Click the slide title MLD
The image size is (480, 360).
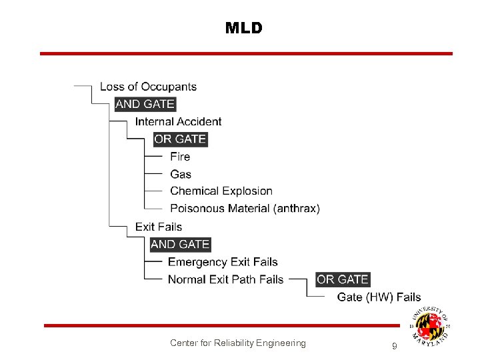coord(244,28)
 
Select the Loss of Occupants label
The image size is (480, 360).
coord(148,87)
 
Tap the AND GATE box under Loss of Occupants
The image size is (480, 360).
coord(145,104)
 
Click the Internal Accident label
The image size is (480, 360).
coord(178,121)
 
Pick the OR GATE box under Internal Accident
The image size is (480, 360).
coord(180,139)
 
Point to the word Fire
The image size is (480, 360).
coord(180,157)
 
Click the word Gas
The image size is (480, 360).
coord(181,174)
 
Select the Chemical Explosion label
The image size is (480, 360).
coord(221,191)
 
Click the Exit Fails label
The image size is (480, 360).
coord(159,227)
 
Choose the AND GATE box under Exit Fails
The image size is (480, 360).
coord(180,245)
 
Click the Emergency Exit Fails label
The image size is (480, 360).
coord(223,262)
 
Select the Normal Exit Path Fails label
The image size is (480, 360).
coord(225,279)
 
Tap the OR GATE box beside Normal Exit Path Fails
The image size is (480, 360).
coord(343,279)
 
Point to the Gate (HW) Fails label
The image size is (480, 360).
coord(379,297)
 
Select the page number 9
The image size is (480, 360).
coord(395,346)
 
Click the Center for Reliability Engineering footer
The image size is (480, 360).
coord(238,343)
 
